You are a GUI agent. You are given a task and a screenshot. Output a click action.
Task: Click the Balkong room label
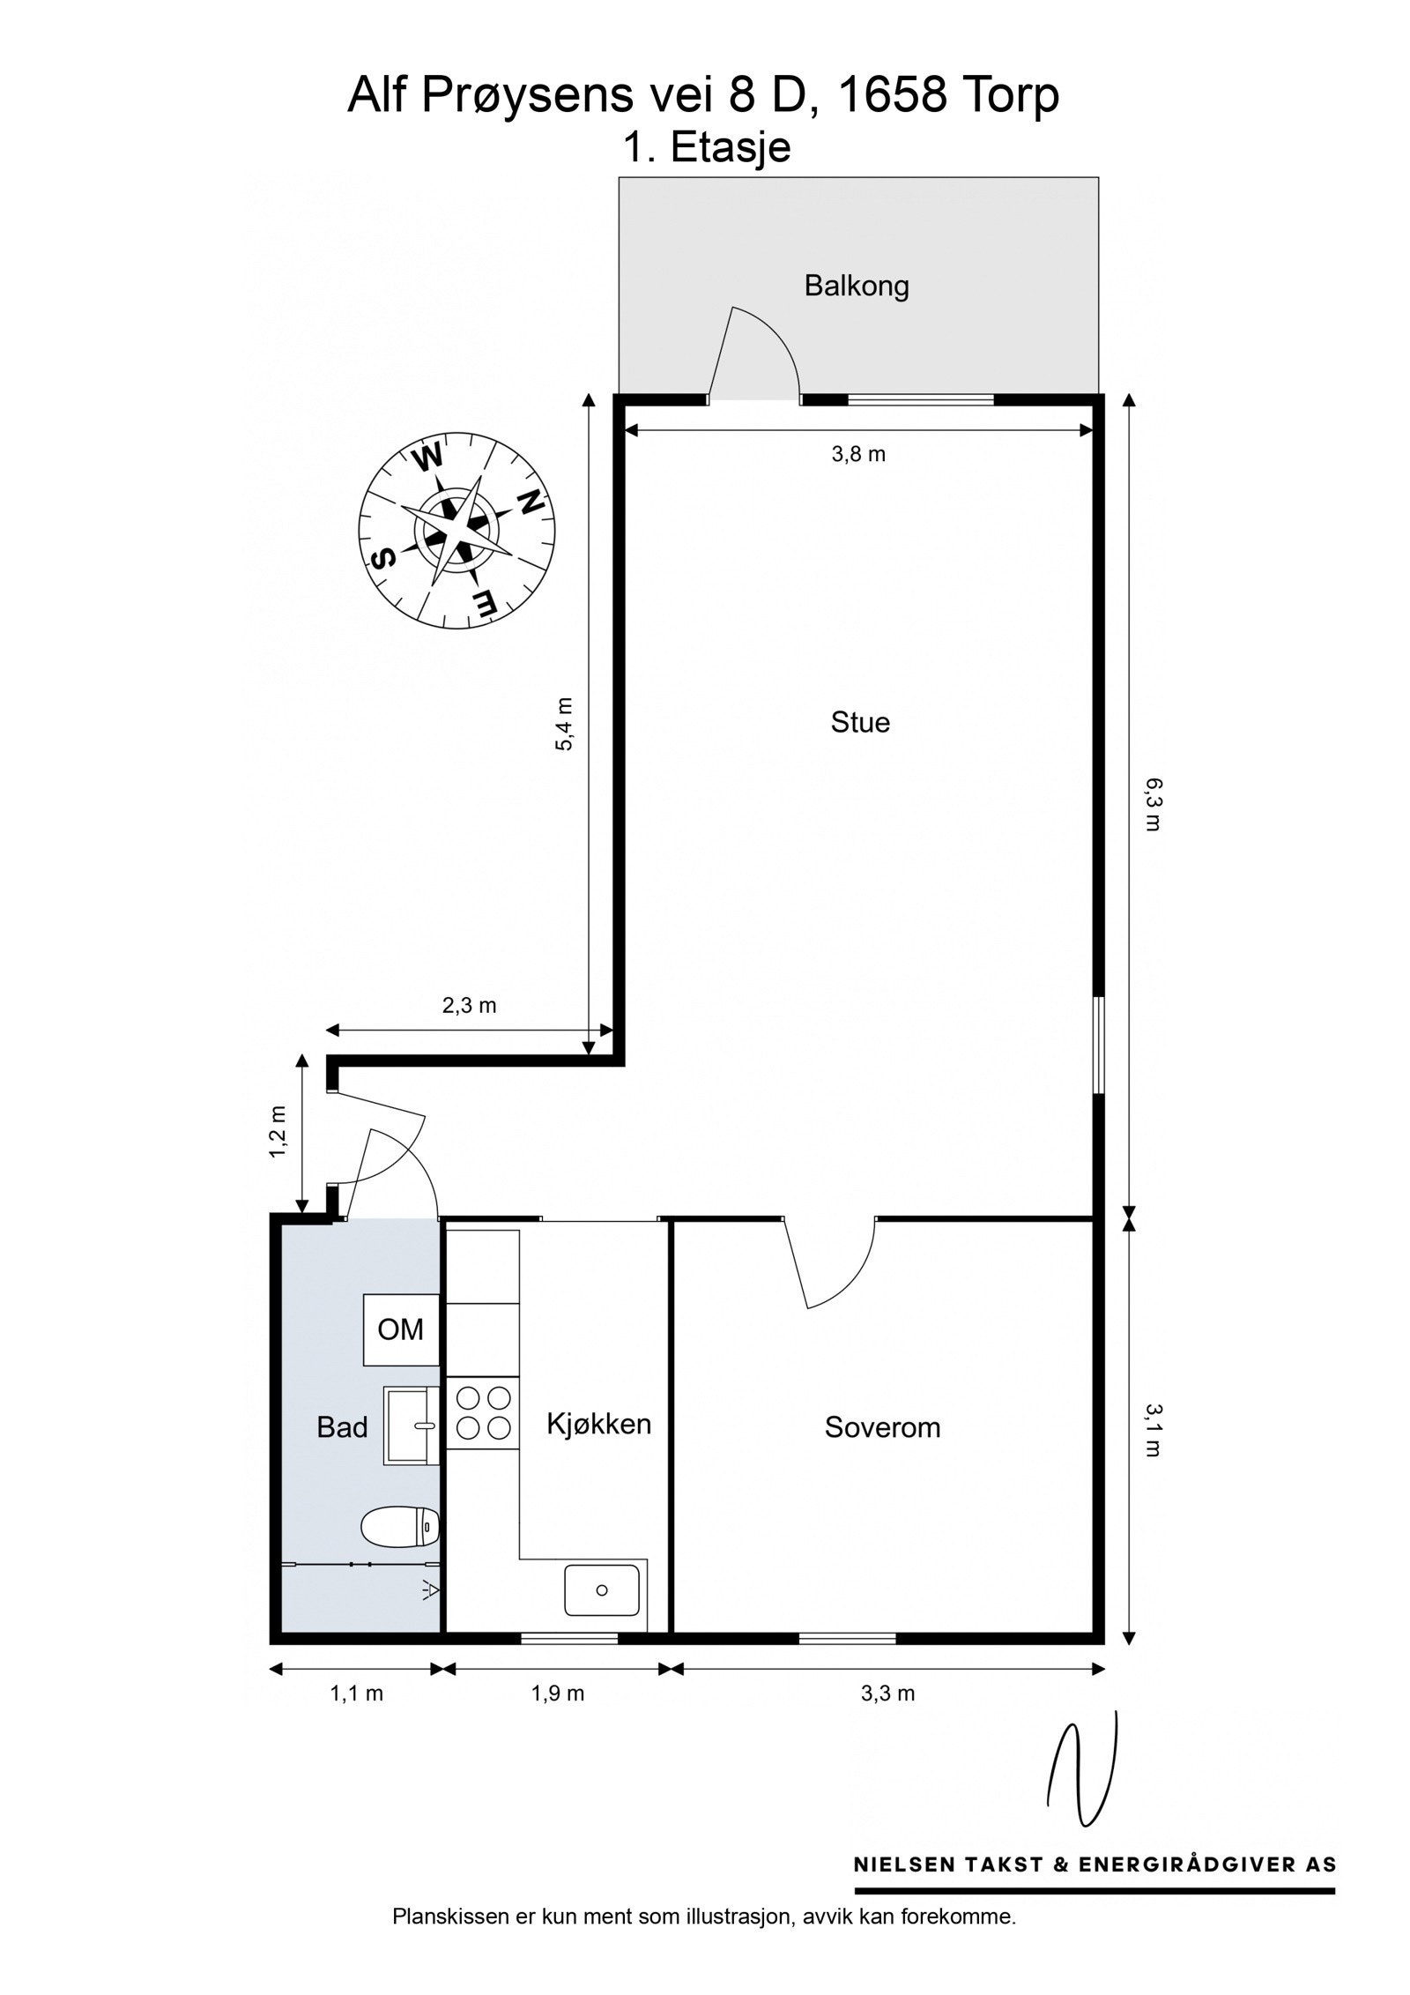(x=856, y=287)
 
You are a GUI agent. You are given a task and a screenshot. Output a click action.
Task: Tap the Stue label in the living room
(x=859, y=723)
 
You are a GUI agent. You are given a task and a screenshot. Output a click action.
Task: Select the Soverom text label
(x=882, y=1427)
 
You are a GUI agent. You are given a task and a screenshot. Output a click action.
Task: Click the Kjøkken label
(x=598, y=1423)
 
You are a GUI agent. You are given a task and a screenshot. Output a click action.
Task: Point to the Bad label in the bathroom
(x=342, y=1427)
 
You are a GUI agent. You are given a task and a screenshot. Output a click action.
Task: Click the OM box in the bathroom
(x=402, y=1329)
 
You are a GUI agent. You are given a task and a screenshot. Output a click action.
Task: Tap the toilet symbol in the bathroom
(x=401, y=1526)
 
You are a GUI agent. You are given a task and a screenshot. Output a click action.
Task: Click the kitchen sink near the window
(x=602, y=1590)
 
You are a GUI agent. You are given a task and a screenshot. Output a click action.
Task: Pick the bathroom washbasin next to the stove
(x=412, y=1425)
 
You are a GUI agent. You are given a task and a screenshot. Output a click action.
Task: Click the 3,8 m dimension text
(x=858, y=455)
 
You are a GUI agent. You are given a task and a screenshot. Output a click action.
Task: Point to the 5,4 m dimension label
(x=565, y=725)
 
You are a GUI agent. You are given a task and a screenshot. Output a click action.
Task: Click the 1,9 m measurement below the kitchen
(x=557, y=1693)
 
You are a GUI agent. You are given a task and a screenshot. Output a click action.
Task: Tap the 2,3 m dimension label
(x=469, y=1005)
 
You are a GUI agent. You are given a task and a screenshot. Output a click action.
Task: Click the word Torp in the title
(x=1006, y=95)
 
